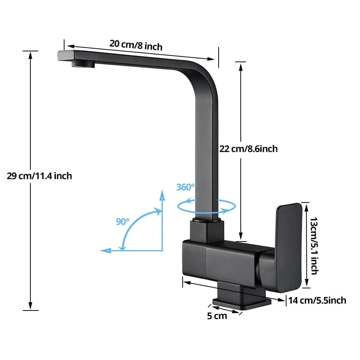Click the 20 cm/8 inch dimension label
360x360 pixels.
click(x=136, y=45)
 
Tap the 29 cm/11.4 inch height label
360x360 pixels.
click(x=39, y=175)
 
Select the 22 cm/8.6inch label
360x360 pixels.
click(x=248, y=149)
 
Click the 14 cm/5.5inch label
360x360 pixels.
click(x=317, y=300)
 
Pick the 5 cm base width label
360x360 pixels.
click(x=217, y=316)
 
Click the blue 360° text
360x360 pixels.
click(x=185, y=187)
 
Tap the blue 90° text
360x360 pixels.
click(x=122, y=221)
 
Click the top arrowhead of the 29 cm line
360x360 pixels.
click(x=30, y=55)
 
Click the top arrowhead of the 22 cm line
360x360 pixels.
click(x=241, y=66)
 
